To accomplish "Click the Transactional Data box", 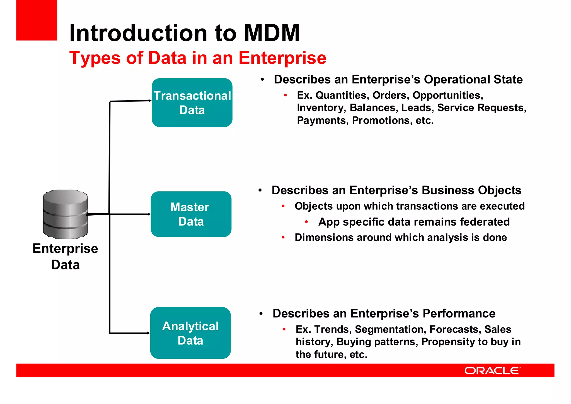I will [192, 103].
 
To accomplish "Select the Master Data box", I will [191, 214].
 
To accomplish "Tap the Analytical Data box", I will [190, 333].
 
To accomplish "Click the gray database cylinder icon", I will [65, 214].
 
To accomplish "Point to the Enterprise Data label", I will [65, 256].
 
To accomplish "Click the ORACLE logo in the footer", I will [492, 370].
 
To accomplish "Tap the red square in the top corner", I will [37, 20].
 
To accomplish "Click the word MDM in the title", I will [272, 33].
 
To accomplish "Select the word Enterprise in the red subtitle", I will [282, 58].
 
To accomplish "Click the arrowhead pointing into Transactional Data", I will [150, 101].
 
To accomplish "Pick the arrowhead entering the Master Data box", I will [149, 214].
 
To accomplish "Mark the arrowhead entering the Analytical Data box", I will [149, 333].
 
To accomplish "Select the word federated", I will [485, 222].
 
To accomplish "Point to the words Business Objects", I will [471, 190].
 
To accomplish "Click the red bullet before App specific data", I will [306, 222].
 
